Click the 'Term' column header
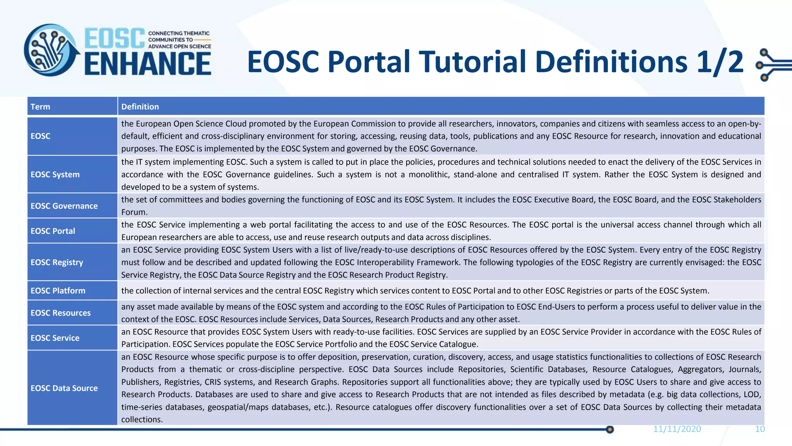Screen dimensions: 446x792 coord(40,107)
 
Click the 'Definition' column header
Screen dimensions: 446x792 coord(140,107)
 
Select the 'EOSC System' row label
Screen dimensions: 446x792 coord(55,175)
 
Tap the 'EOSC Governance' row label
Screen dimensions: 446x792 coord(64,206)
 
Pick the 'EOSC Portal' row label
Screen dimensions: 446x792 coord(53,231)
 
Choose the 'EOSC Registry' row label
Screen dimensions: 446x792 coord(56,262)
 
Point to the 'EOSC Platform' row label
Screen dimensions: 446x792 coord(58,291)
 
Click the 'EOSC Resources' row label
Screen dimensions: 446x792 coord(60,313)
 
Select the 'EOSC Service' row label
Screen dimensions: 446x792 coord(55,338)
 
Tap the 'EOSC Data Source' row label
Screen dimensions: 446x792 coord(64,388)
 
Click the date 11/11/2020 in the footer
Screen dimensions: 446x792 coord(677,429)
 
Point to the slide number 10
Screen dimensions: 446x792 coord(760,429)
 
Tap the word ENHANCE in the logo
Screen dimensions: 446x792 coord(148,64)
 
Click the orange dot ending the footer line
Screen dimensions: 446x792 coord(610,429)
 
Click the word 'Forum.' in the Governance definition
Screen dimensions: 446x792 coord(134,212)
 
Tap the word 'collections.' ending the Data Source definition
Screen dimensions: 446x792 coord(142,420)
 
